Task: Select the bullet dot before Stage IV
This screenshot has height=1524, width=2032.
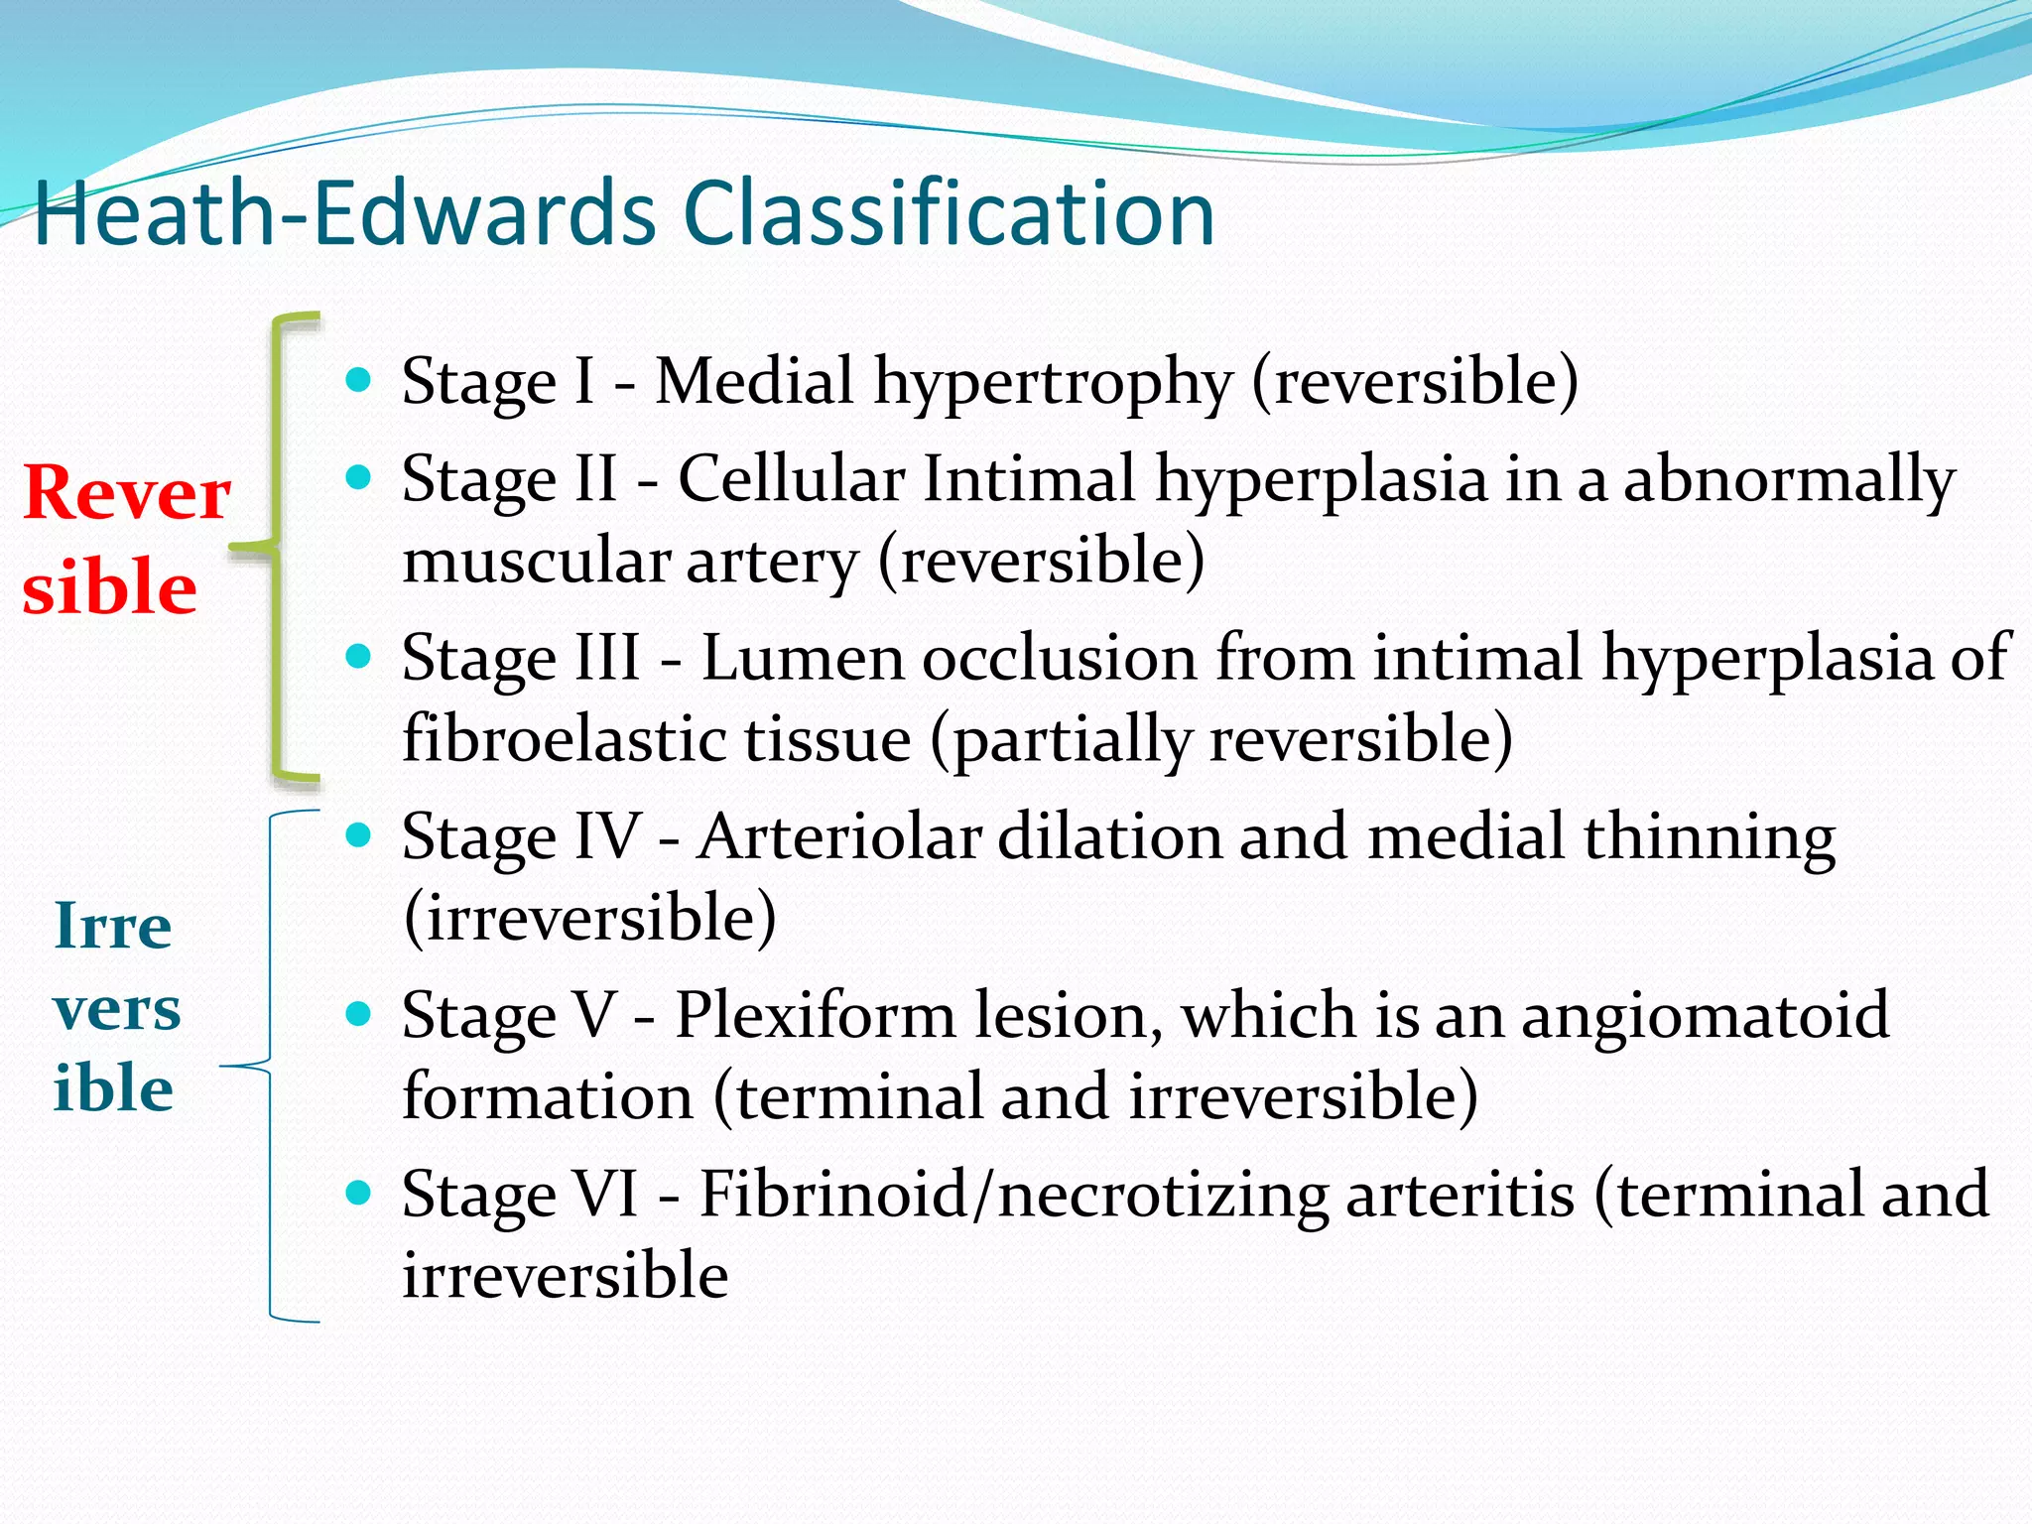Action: tap(358, 835)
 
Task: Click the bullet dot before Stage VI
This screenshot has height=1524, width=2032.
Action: tap(358, 1193)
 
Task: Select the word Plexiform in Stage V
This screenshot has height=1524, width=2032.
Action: tap(815, 1016)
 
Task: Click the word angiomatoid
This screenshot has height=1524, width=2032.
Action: tap(1705, 1016)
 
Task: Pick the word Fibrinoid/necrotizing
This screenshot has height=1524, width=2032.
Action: tap(1013, 1195)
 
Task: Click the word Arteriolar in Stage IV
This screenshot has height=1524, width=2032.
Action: tap(838, 837)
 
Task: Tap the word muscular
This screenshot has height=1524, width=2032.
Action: tap(536, 562)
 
